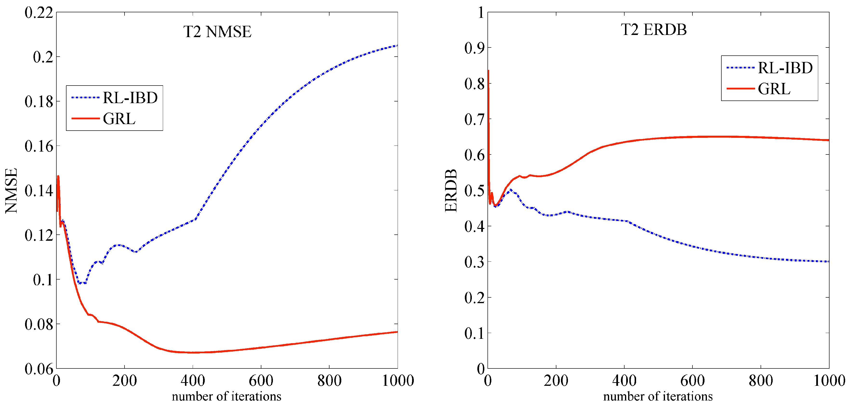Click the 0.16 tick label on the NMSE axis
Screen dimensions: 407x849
39,146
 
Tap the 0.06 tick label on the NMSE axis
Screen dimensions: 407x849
39,369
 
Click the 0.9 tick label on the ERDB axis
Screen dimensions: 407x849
474,48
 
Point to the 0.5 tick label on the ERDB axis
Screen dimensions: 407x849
474,191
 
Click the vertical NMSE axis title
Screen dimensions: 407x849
11,191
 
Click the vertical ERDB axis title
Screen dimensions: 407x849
451,191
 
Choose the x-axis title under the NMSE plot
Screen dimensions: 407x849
226,396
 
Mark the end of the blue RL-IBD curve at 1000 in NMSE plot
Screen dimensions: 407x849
397,46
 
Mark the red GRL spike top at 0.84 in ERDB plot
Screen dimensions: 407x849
488,70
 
